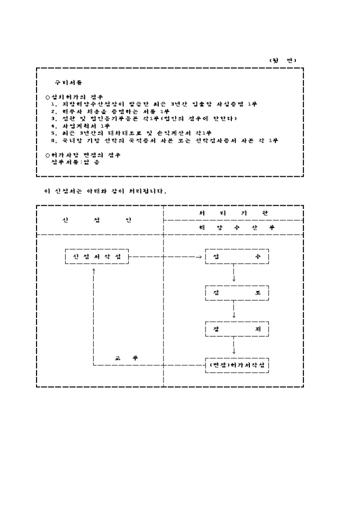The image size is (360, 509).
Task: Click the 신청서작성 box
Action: pos(96,257)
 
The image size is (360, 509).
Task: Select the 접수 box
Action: pos(237,257)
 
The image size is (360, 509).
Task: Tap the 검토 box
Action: pos(237,293)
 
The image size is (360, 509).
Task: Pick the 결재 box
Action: pos(237,329)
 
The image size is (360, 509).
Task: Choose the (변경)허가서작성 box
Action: pos(237,366)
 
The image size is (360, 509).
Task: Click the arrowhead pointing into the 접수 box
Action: pos(202,257)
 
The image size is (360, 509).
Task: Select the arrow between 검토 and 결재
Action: pos(234,311)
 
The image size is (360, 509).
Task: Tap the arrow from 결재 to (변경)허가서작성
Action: pos(234,347)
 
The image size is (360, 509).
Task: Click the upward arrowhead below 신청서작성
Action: pos(94,269)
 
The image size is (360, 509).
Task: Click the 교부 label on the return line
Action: pos(127,358)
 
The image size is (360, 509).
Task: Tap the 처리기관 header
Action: pos(233,212)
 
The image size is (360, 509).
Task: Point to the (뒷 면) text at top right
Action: pos(283,60)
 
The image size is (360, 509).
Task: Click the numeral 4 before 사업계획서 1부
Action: pos(53,126)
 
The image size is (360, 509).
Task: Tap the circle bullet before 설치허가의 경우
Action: pos(47,97)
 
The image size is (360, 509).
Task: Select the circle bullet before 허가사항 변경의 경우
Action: pos(47,154)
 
